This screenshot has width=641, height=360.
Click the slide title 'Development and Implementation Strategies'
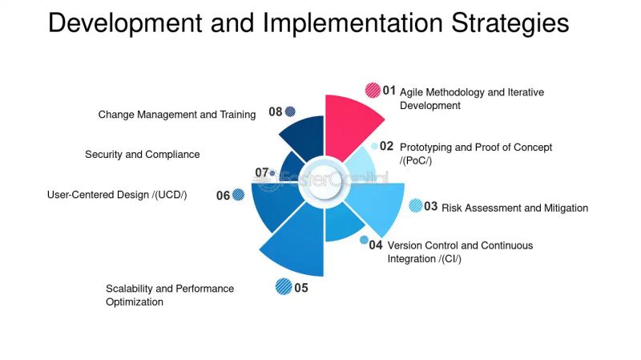[308, 22]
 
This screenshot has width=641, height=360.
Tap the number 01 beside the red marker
[389, 91]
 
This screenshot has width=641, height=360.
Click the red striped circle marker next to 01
[373, 91]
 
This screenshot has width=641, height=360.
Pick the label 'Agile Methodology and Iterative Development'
[471, 99]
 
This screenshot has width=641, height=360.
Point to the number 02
[387, 147]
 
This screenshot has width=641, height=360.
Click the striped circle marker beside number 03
[415, 206]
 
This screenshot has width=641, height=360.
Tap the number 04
[376, 245]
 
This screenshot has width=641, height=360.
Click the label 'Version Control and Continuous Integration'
[460, 252]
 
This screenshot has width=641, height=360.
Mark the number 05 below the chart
[301, 288]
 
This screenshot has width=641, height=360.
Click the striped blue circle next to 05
[283, 286]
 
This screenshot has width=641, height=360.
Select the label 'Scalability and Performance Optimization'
[170, 295]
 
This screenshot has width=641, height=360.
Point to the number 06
[223, 196]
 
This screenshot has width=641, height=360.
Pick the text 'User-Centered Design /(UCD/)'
[117, 194]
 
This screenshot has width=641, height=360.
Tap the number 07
[261, 172]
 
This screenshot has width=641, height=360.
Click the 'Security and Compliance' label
[143, 154]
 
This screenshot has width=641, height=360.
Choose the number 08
[276, 112]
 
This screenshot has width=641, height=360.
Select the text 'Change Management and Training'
[177, 115]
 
